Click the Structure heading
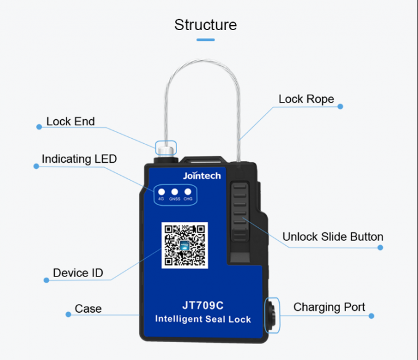click(x=205, y=25)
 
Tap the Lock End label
click(x=71, y=122)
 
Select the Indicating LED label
click(x=79, y=160)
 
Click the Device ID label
click(x=78, y=273)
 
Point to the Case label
click(x=88, y=309)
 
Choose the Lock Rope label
click(x=306, y=100)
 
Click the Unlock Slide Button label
click(x=333, y=237)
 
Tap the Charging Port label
click(x=329, y=307)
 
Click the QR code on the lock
click(x=184, y=245)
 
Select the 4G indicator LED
click(x=161, y=191)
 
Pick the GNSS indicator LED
click(x=175, y=191)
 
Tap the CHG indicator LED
click(x=188, y=191)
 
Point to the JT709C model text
click(x=203, y=304)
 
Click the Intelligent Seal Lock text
click(x=203, y=319)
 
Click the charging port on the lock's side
click(x=270, y=316)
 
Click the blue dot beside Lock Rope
click(x=341, y=106)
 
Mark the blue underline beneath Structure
click(x=205, y=40)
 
